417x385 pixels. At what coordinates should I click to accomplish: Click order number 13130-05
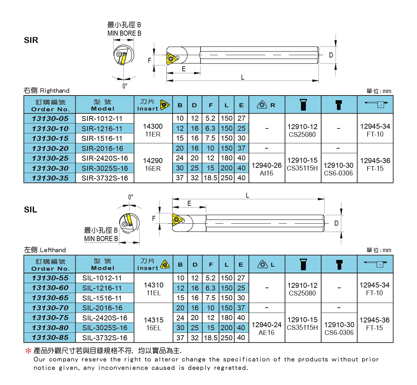(x=50, y=119)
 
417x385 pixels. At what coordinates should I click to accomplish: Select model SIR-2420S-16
(x=105, y=158)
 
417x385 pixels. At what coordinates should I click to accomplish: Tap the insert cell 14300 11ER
(x=153, y=130)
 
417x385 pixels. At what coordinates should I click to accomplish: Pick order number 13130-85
(x=50, y=338)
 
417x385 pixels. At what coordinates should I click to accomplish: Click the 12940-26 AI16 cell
(x=266, y=169)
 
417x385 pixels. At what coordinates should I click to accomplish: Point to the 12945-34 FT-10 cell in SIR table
(x=375, y=130)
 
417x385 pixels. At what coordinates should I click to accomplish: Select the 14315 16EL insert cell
(x=153, y=324)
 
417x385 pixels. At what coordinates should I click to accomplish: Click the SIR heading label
(x=31, y=40)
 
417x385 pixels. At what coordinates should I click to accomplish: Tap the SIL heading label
(x=31, y=210)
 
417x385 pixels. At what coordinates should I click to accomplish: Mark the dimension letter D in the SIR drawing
(x=331, y=55)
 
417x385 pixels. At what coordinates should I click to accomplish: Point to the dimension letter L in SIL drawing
(x=248, y=195)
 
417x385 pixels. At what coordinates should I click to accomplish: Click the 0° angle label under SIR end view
(x=125, y=86)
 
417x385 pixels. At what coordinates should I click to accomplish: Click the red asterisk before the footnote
(x=28, y=351)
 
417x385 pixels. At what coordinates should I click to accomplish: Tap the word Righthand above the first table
(x=54, y=91)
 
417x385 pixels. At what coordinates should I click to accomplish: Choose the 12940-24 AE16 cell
(x=266, y=329)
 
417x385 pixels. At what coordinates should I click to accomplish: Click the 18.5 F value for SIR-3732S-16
(x=211, y=178)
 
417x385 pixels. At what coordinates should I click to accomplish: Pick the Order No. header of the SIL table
(x=50, y=265)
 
